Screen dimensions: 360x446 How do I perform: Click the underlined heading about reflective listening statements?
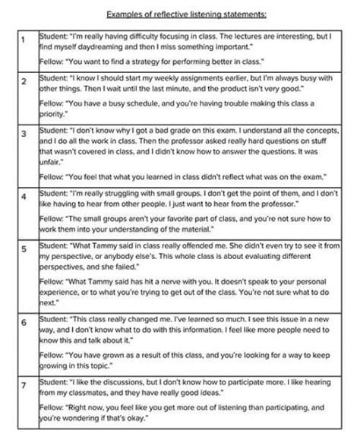[x=180, y=13]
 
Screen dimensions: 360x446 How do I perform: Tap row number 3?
[x=24, y=133]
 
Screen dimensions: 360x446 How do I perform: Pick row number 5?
[x=24, y=248]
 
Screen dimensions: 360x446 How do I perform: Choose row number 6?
[x=24, y=323]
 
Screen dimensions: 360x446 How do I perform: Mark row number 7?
[x=24, y=385]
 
